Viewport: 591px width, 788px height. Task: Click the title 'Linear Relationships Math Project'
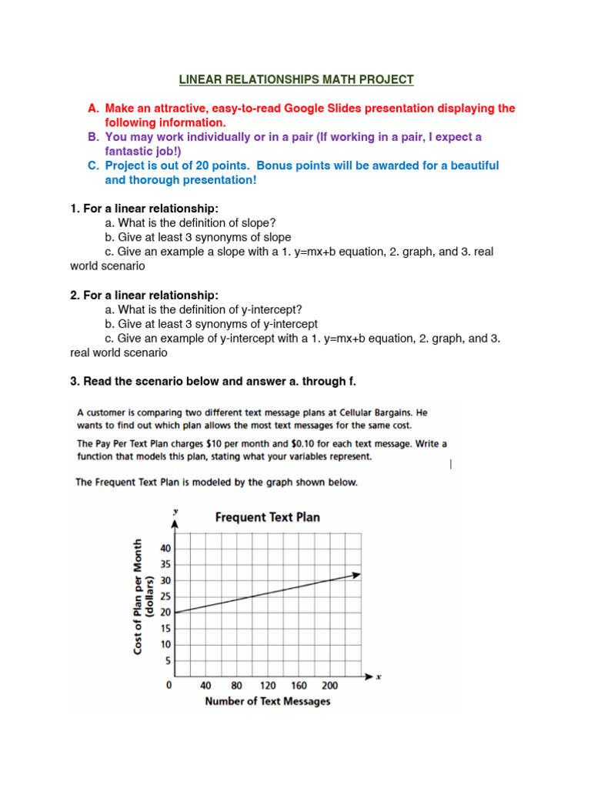point(296,79)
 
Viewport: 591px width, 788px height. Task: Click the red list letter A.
point(92,109)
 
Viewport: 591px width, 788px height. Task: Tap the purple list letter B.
point(92,137)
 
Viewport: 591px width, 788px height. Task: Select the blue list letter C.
point(92,165)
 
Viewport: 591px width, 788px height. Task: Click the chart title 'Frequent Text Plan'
point(267,516)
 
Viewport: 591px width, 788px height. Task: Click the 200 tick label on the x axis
point(329,685)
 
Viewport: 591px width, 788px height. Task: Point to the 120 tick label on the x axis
point(268,685)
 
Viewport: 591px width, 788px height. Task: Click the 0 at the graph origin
point(169,685)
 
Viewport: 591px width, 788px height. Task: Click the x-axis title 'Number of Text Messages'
point(268,701)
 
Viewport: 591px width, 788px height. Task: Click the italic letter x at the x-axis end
point(378,676)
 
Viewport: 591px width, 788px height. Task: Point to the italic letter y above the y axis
point(176,511)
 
